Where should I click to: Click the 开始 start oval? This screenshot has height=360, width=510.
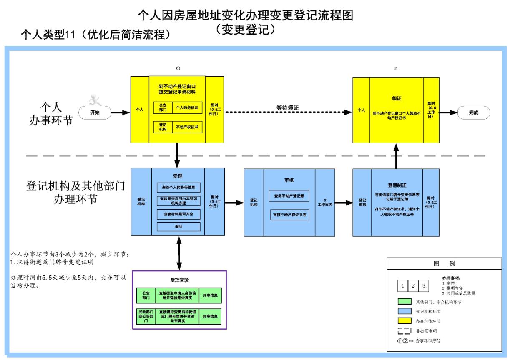(x=95, y=112)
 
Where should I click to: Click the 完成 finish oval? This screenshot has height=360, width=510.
(x=473, y=112)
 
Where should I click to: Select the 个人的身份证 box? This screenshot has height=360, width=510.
(x=187, y=107)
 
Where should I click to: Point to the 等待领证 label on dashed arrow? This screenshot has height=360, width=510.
(x=288, y=108)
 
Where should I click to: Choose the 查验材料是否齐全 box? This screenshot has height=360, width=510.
(x=178, y=213)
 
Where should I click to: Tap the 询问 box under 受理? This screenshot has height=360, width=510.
(x=178, y=227)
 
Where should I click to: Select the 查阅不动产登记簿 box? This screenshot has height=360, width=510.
(x=289, y=196)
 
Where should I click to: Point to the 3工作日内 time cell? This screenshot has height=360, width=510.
(x=324, y=202)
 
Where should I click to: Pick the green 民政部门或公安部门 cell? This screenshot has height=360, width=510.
(x=146, y=317)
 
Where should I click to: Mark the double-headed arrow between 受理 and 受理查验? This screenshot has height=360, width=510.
(x=179, y=254)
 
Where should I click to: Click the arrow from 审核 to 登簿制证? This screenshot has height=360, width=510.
(x=344, y=203)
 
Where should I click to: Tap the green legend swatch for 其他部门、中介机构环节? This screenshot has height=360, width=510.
(x=404, y=302)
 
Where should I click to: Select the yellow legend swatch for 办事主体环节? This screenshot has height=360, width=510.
(x=404, y=321)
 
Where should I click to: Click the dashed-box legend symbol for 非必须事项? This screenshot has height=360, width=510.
(x=404, y=331)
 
